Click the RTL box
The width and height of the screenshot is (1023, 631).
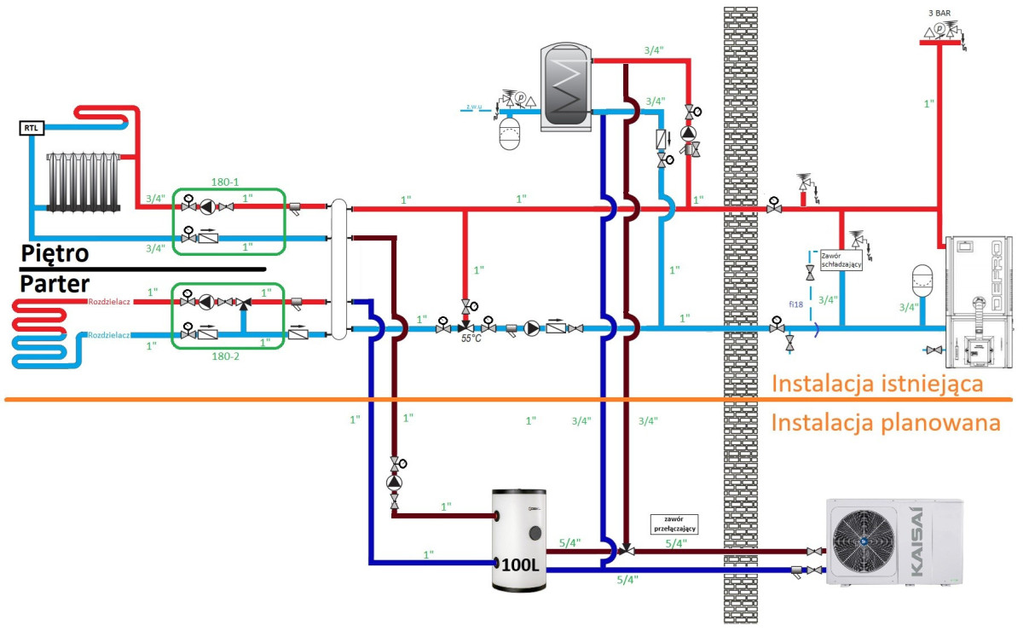coord(31,129)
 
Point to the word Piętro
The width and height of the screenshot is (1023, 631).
coord(55,254)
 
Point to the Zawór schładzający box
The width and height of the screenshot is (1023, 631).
coord(841,260)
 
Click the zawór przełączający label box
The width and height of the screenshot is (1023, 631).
coord(674,523)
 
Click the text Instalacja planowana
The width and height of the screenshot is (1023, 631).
coord(885,422)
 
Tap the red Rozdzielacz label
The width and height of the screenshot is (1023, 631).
coord(107,301)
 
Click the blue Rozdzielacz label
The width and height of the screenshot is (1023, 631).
coord(107,335)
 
